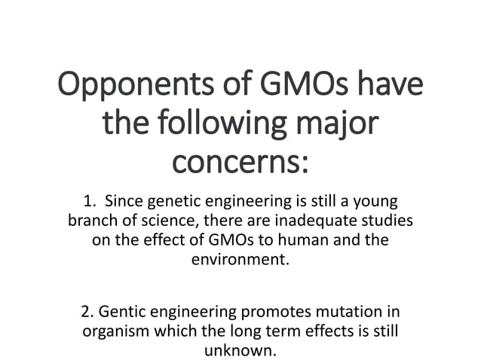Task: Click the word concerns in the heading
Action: point(240,160)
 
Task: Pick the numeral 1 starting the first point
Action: point(87,202)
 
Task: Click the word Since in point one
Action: point(124,202)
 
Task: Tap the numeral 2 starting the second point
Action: point(85,311)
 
